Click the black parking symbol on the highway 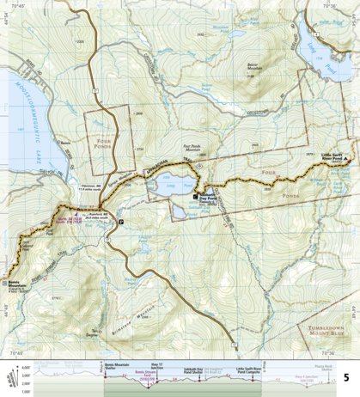pos(121,222)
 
